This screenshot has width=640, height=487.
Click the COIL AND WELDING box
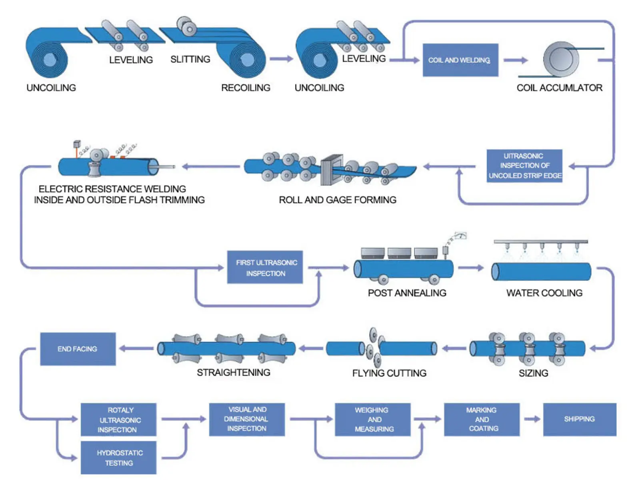(x=460, y=60)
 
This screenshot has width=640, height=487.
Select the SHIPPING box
(x=579, y=419)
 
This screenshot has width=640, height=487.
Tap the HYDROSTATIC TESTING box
(x=118, y=457)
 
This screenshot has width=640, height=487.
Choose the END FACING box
(x=78, y=349)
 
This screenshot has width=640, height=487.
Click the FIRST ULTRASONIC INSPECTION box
(x=265, y=267)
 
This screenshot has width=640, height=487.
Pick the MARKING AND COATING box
(x=481, y=419)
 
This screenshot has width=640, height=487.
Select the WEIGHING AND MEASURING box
(x=373, y=419)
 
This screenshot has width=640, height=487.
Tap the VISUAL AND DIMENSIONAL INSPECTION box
(x=247, y=419)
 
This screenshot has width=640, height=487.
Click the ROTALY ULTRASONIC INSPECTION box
(x=118, y=419)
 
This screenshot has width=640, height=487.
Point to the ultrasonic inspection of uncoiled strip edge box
(x=524, y=166)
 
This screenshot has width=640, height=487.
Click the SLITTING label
(x=190, y=59)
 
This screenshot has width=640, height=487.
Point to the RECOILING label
(x=246, y=88)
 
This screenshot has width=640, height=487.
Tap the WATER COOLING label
(x=544, y=293)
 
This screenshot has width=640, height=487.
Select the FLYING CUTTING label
(x=389, y=373)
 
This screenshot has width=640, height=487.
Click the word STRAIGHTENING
(x=233, y=373)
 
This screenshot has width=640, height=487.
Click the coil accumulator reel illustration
(x=561, y=59)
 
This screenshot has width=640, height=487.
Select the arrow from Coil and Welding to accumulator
(x=516, y=60)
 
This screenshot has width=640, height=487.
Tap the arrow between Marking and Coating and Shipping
(x=532, y=419)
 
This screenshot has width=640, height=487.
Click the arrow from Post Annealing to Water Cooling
(x=470, y=267)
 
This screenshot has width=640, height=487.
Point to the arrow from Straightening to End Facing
(x=136, y=348)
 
